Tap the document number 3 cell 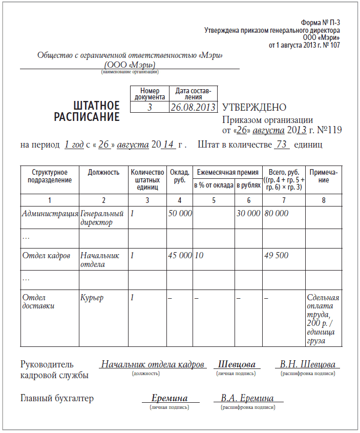click(150, 107)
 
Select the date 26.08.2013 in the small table click(193, 107)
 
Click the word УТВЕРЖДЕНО click(254, 107)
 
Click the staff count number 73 click(281, 145)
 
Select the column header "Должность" click(103, 173)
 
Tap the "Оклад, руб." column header click(179, 176)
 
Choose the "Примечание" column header click(324, 176)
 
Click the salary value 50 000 click(180, 213)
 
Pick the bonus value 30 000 click(248, 213)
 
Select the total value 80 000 click(277, 213)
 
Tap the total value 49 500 click(277, 255)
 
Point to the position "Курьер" click(92, 297)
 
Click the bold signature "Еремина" click(170, 398)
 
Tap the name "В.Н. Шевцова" click(308, 364)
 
